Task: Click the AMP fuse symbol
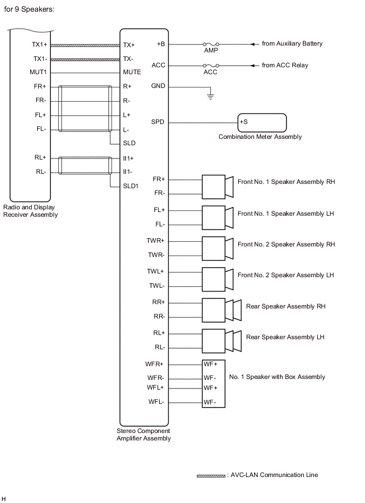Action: click(211, 44)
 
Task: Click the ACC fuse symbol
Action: click(211, 66)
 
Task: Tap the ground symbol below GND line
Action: click(210, 96)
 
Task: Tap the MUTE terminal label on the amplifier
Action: click(132, 72)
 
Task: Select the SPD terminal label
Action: click(158, 122)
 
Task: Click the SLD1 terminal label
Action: click(131, 186)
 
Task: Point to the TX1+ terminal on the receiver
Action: click(39, 45)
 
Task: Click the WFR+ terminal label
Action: click(155, 364)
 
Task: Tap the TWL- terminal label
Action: click(156, 286)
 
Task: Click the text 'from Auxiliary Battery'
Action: click(292, 43)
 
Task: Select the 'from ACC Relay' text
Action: click(285, 65)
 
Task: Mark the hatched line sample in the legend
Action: click(211, 476)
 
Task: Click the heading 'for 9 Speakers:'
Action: click(30, 10)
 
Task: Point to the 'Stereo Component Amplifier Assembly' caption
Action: click(144, 435)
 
